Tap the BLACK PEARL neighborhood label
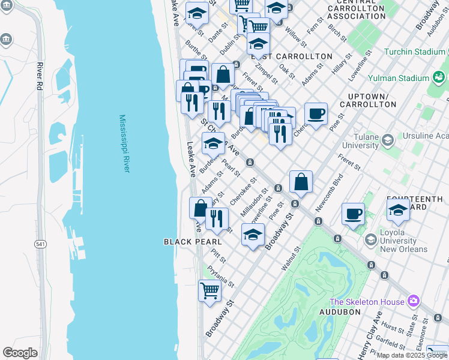coord(193,242)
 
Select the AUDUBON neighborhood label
coord(339,312)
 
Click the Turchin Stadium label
coord(415,52)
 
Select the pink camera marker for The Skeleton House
coord(413,301)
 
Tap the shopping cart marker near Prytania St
coord(209,291)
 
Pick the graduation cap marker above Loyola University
coord(398,210)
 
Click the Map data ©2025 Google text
coord(412,355)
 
